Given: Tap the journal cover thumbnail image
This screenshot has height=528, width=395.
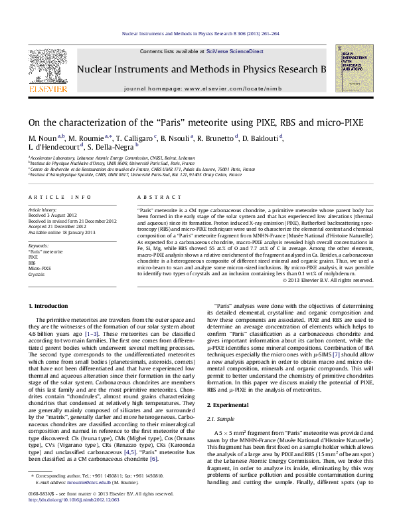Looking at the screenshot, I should tap(353, 70).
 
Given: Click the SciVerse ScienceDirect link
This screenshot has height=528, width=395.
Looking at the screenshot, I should tap(234, 51).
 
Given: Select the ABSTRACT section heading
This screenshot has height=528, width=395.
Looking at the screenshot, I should tap(154, 198).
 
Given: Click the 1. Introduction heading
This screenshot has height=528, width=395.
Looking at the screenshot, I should tap(50, 305).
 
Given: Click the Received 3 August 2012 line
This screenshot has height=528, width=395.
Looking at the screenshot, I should tap(55, 215).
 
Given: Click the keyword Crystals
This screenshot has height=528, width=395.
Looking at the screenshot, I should tap(37, 274).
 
